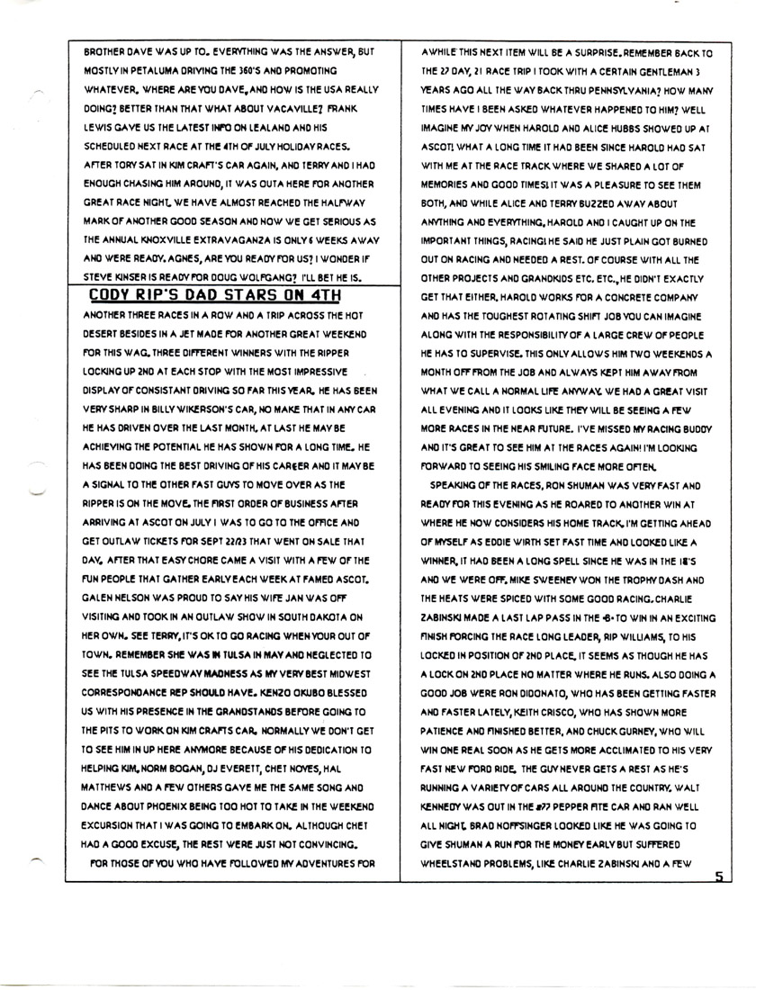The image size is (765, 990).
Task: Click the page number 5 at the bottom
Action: pyautogui.click(x=717, y=876)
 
